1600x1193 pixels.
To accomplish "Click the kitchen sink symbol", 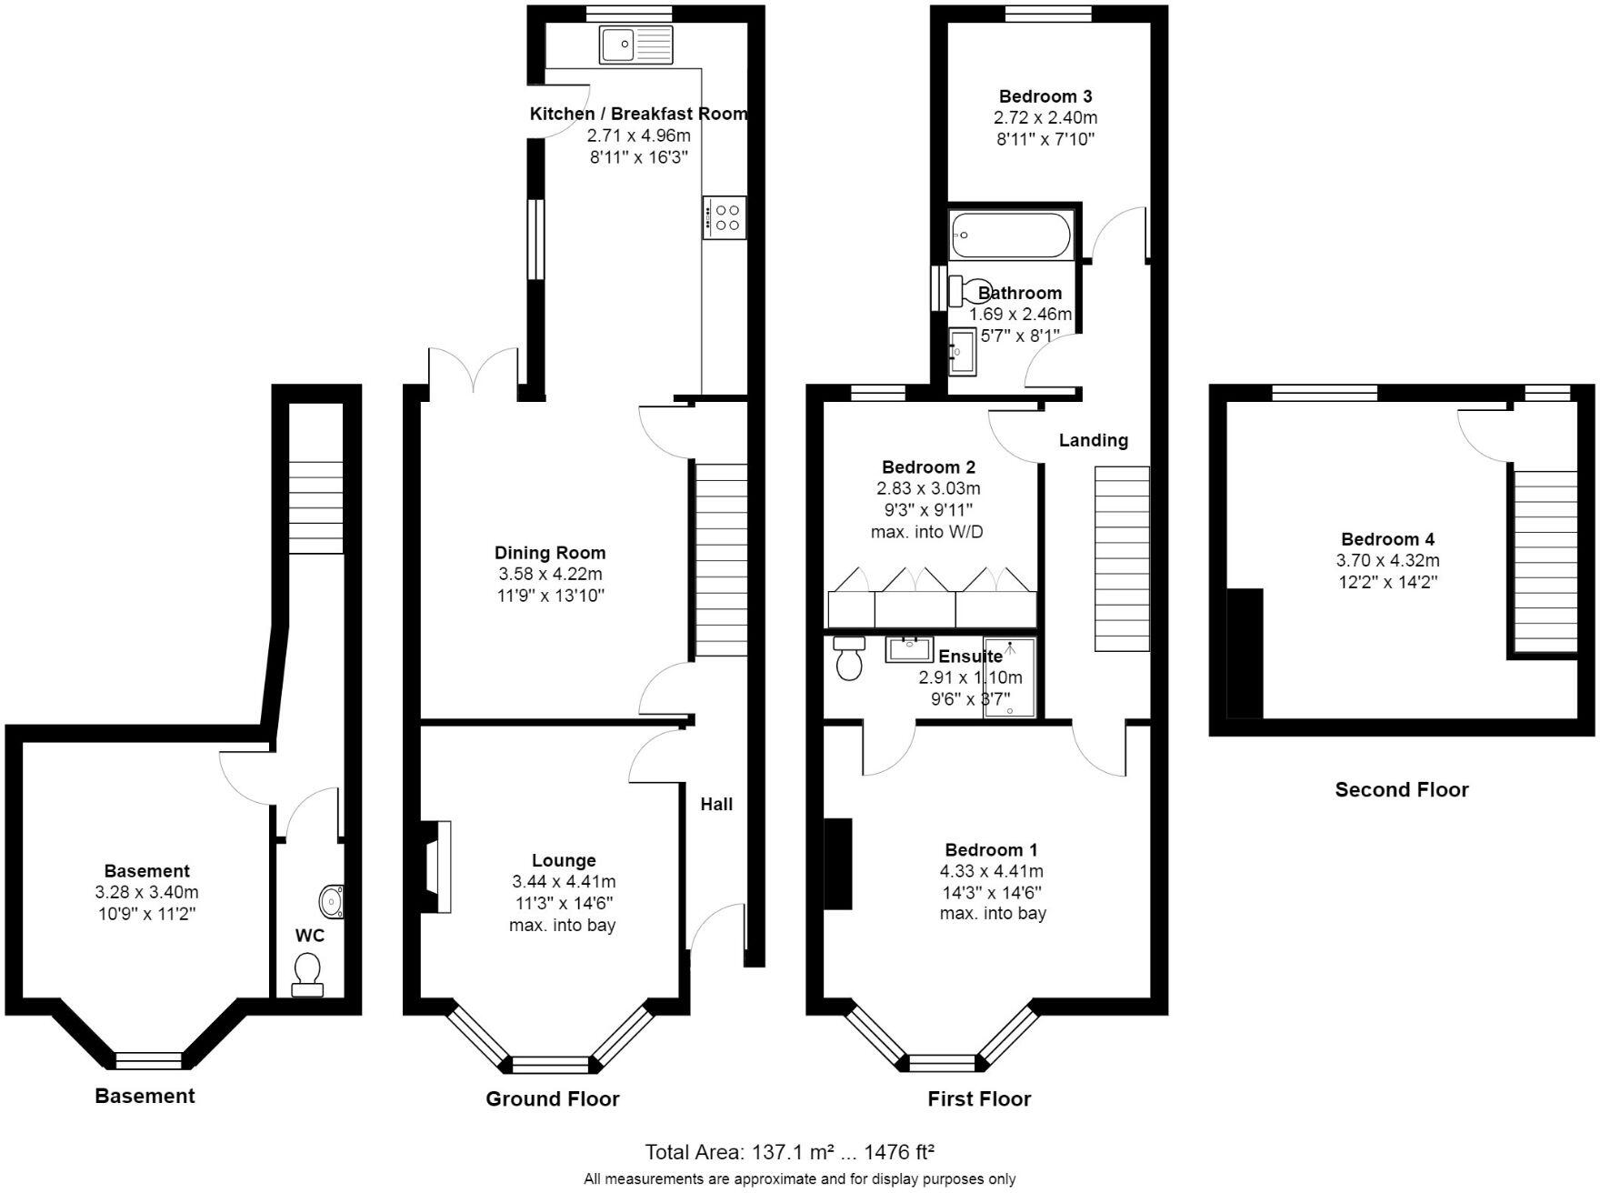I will coord(635,45).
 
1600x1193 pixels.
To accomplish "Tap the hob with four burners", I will coord(725,217).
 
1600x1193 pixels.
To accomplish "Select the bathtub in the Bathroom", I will coord(1011,235).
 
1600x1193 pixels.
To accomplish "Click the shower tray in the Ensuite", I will coord(1009,677).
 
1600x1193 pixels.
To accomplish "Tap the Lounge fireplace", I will coord(435,866).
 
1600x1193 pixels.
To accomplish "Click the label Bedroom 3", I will coord(1045,96).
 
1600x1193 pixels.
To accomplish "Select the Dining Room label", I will coord(549,553).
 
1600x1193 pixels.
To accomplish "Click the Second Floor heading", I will coord(1401,790).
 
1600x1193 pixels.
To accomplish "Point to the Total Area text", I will coord(789,1153).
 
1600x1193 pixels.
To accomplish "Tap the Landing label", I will coord(1093,440).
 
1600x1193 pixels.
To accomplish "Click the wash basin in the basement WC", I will coord(332,901).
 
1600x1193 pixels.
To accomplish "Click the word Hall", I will coord(716,804).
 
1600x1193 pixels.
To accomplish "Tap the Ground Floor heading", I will coord(552,1098).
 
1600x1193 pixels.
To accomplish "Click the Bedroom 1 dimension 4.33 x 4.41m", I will coord(991,871).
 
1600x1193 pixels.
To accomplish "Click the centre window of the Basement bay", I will coord(148,1060).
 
